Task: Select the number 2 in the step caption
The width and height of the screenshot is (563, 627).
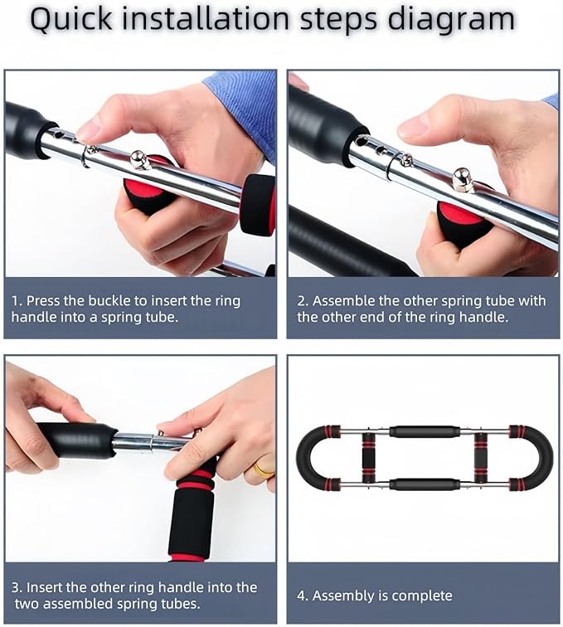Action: (302, 301)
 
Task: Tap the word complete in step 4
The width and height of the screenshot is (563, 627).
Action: (422, 596)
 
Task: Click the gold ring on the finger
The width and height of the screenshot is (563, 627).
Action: (265, 470)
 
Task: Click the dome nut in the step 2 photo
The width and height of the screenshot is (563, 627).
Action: (464, 181)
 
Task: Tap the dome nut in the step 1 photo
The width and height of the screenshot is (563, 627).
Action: (139, 160)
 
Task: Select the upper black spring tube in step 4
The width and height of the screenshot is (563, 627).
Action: (424, 432)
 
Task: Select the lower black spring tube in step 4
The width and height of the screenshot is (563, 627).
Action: (424, 484)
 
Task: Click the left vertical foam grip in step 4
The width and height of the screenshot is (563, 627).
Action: (369, 459)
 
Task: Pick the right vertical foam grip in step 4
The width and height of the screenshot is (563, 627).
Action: (480, 459)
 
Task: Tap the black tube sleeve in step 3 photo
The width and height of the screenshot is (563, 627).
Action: (77, 440)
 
